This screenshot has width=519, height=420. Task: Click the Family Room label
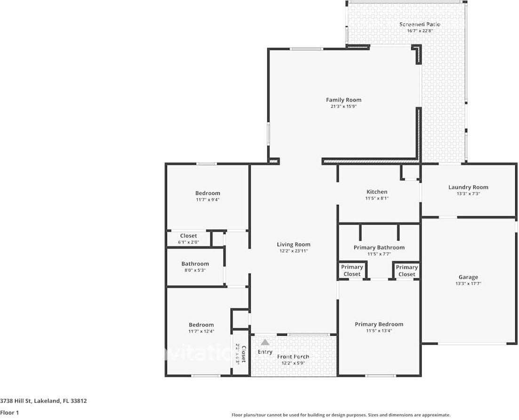tap(343, 100)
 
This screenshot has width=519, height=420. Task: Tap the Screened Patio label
tap(420, 24)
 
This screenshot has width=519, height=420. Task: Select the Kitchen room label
tap(377, 192)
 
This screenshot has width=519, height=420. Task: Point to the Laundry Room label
tap(468, 187)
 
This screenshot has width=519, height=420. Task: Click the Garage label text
tap(468, 277)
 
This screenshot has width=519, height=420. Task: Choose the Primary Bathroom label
tap(379, 247)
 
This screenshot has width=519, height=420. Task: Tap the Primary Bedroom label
tap(379, 324)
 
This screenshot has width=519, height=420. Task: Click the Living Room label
tap(293, 244)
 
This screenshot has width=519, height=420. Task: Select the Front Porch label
tap(293, 356)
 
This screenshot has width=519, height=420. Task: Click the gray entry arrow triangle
tap(265, 342)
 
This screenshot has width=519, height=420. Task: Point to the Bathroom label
tap(195, 264)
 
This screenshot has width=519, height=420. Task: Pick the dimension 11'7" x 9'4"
tap(208, 200)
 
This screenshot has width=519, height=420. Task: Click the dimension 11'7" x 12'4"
tap(201, 331)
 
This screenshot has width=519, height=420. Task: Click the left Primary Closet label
tap(352, 270)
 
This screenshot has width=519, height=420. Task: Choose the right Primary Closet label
tap(407, 271)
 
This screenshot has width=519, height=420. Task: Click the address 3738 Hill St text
tap(43, 401)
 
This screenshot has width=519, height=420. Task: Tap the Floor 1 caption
tap(9, 412)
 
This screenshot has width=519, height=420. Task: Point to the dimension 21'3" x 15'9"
tap(343, 106)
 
